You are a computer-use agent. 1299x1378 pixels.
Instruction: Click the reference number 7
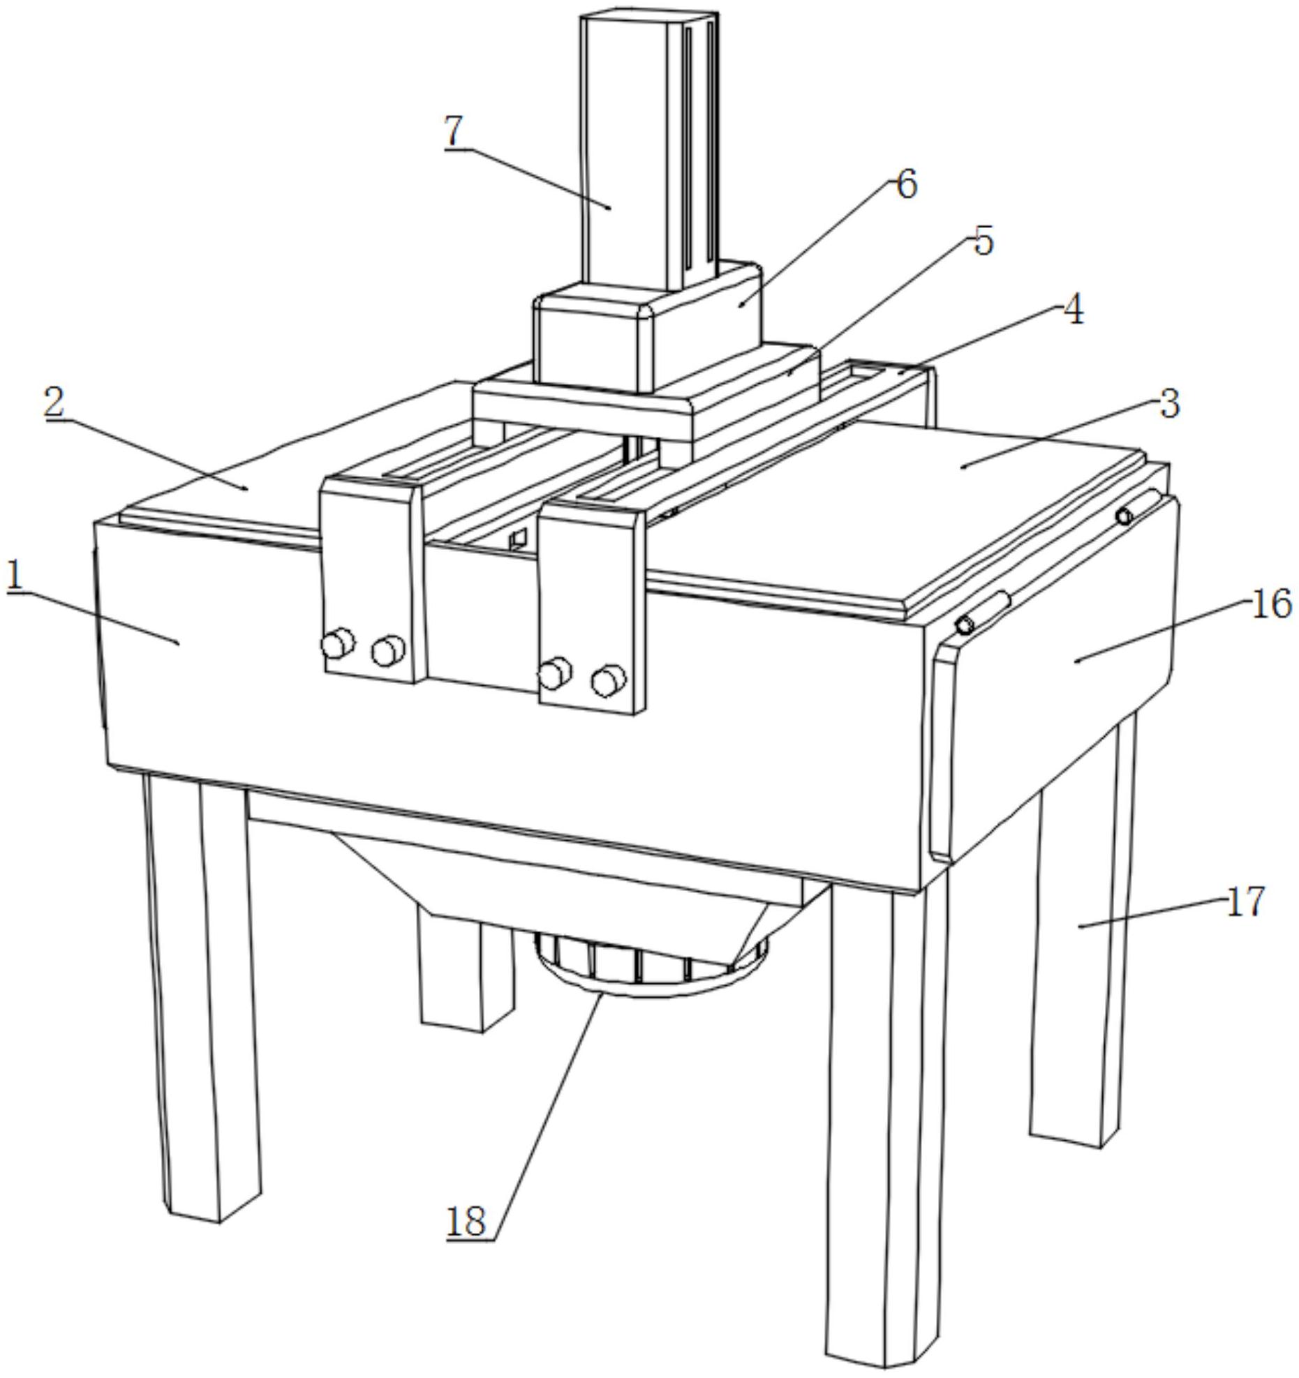click(x=454, y=130)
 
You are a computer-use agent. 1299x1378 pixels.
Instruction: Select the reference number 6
click(x=905, y=185)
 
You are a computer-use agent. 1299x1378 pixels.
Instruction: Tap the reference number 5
click(x=982, y=241)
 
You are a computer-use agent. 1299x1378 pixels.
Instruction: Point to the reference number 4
click(x=1073, y=309)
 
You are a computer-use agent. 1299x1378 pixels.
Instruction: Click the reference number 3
click(x=1168, y=403)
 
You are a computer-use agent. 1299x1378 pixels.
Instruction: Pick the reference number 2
click(x=54, y=402)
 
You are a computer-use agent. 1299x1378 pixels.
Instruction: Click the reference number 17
click(x=1245, y=901)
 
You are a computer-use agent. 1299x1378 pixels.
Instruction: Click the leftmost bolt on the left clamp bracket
click(x=338, y=643)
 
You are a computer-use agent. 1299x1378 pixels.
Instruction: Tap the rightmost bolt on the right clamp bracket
click(x=608, y=680)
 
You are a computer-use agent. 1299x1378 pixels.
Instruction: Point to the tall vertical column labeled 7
click(x=649, y=150)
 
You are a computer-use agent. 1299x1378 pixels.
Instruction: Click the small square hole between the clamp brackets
click(x=517, y=539)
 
